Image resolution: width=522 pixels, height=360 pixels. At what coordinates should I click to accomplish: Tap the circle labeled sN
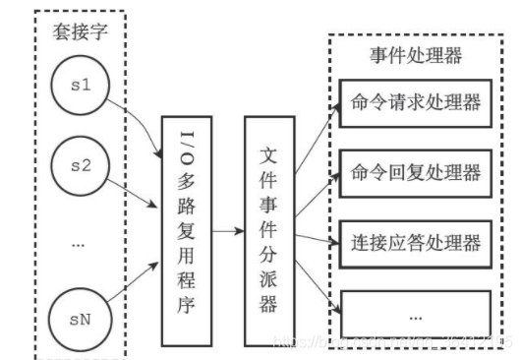pyautogui.click(x=80, y=317)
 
